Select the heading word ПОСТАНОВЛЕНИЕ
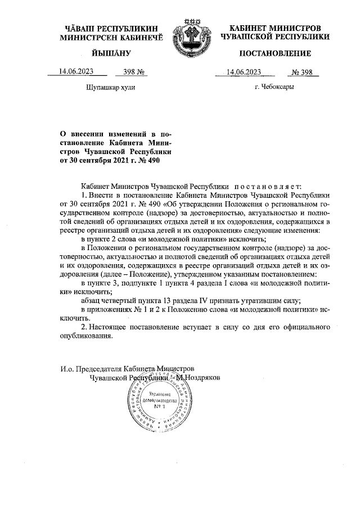(275, 54)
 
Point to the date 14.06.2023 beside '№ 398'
(245, 72)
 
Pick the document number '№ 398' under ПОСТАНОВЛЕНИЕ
(302, 72)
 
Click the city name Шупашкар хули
(110, 87)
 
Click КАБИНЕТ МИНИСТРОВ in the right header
(275, 28)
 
